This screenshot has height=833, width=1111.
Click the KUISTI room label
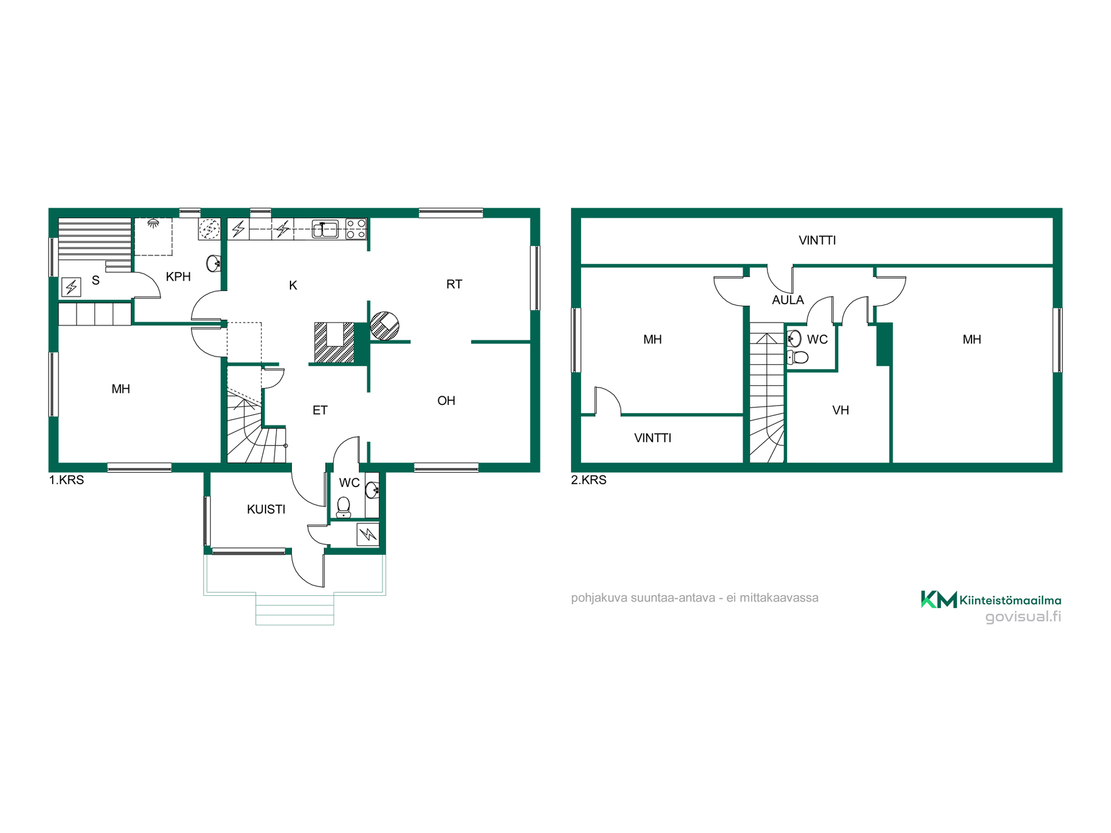[x=266, y=509]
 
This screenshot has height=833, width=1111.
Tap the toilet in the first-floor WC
[x=344, y=507]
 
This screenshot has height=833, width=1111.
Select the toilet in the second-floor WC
[x=799, y=357]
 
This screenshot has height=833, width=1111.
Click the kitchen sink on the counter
[x=325, y=229]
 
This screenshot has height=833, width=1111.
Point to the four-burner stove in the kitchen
[x=356, y=229]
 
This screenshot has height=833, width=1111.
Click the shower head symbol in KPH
[x=153, y=223]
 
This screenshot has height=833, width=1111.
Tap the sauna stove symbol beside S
[x=71, y=287]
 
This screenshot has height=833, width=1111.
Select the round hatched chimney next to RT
[x=385, y=326]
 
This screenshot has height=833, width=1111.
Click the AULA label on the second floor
[x=788, y=300]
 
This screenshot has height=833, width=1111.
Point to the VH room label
[x=840, y=410]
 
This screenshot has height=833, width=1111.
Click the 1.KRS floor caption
[x=67, y=480]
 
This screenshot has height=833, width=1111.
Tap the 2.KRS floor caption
[x=588, y=480]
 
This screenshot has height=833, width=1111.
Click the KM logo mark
[x=939, y=599]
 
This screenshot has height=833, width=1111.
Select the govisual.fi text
[x=1023, y=617]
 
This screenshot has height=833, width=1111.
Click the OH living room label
[x=446, y=400]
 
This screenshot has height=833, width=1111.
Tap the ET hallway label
[x=320, y=410]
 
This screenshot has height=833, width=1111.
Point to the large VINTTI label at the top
[x=817, y=240]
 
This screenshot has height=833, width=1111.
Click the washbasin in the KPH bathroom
[x=213, y=263]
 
